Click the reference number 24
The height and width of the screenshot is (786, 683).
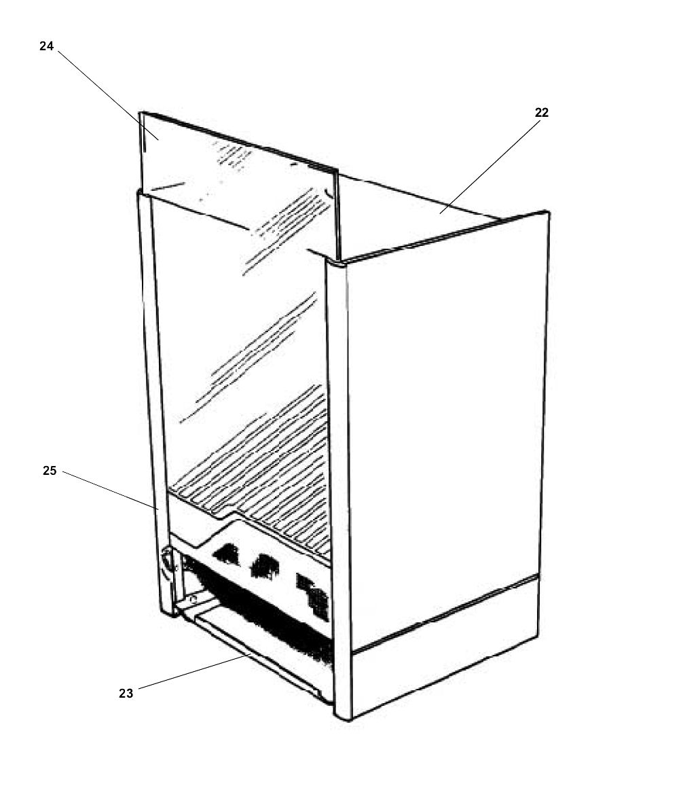46,47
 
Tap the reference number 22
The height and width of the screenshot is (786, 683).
541,113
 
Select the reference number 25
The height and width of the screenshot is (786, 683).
50,470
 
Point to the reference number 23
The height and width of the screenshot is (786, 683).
126,693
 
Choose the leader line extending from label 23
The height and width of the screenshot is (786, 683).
190,673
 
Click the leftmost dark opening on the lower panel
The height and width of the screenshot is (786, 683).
227,554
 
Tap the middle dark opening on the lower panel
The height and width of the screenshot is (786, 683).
264,565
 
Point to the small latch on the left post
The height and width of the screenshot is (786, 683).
166,562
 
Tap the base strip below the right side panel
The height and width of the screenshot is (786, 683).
445,645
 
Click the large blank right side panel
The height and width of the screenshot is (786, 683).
445,408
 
